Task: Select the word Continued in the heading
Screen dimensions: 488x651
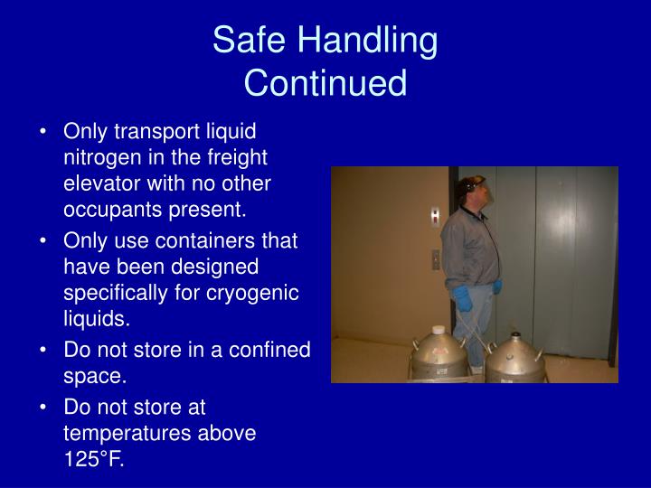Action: point(325,83)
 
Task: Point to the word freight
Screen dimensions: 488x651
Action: point(235,156)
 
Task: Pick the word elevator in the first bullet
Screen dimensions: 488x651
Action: point(99,183)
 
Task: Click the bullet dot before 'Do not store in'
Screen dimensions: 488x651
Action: point(44,350)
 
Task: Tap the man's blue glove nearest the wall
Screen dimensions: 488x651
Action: point(462,296)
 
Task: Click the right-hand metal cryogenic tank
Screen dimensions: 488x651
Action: point(514,360)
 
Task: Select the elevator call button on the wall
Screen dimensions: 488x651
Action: point(436,257)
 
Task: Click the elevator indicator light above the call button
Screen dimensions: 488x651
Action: point(435,215)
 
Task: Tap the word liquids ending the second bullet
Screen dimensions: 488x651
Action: point(97,319)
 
